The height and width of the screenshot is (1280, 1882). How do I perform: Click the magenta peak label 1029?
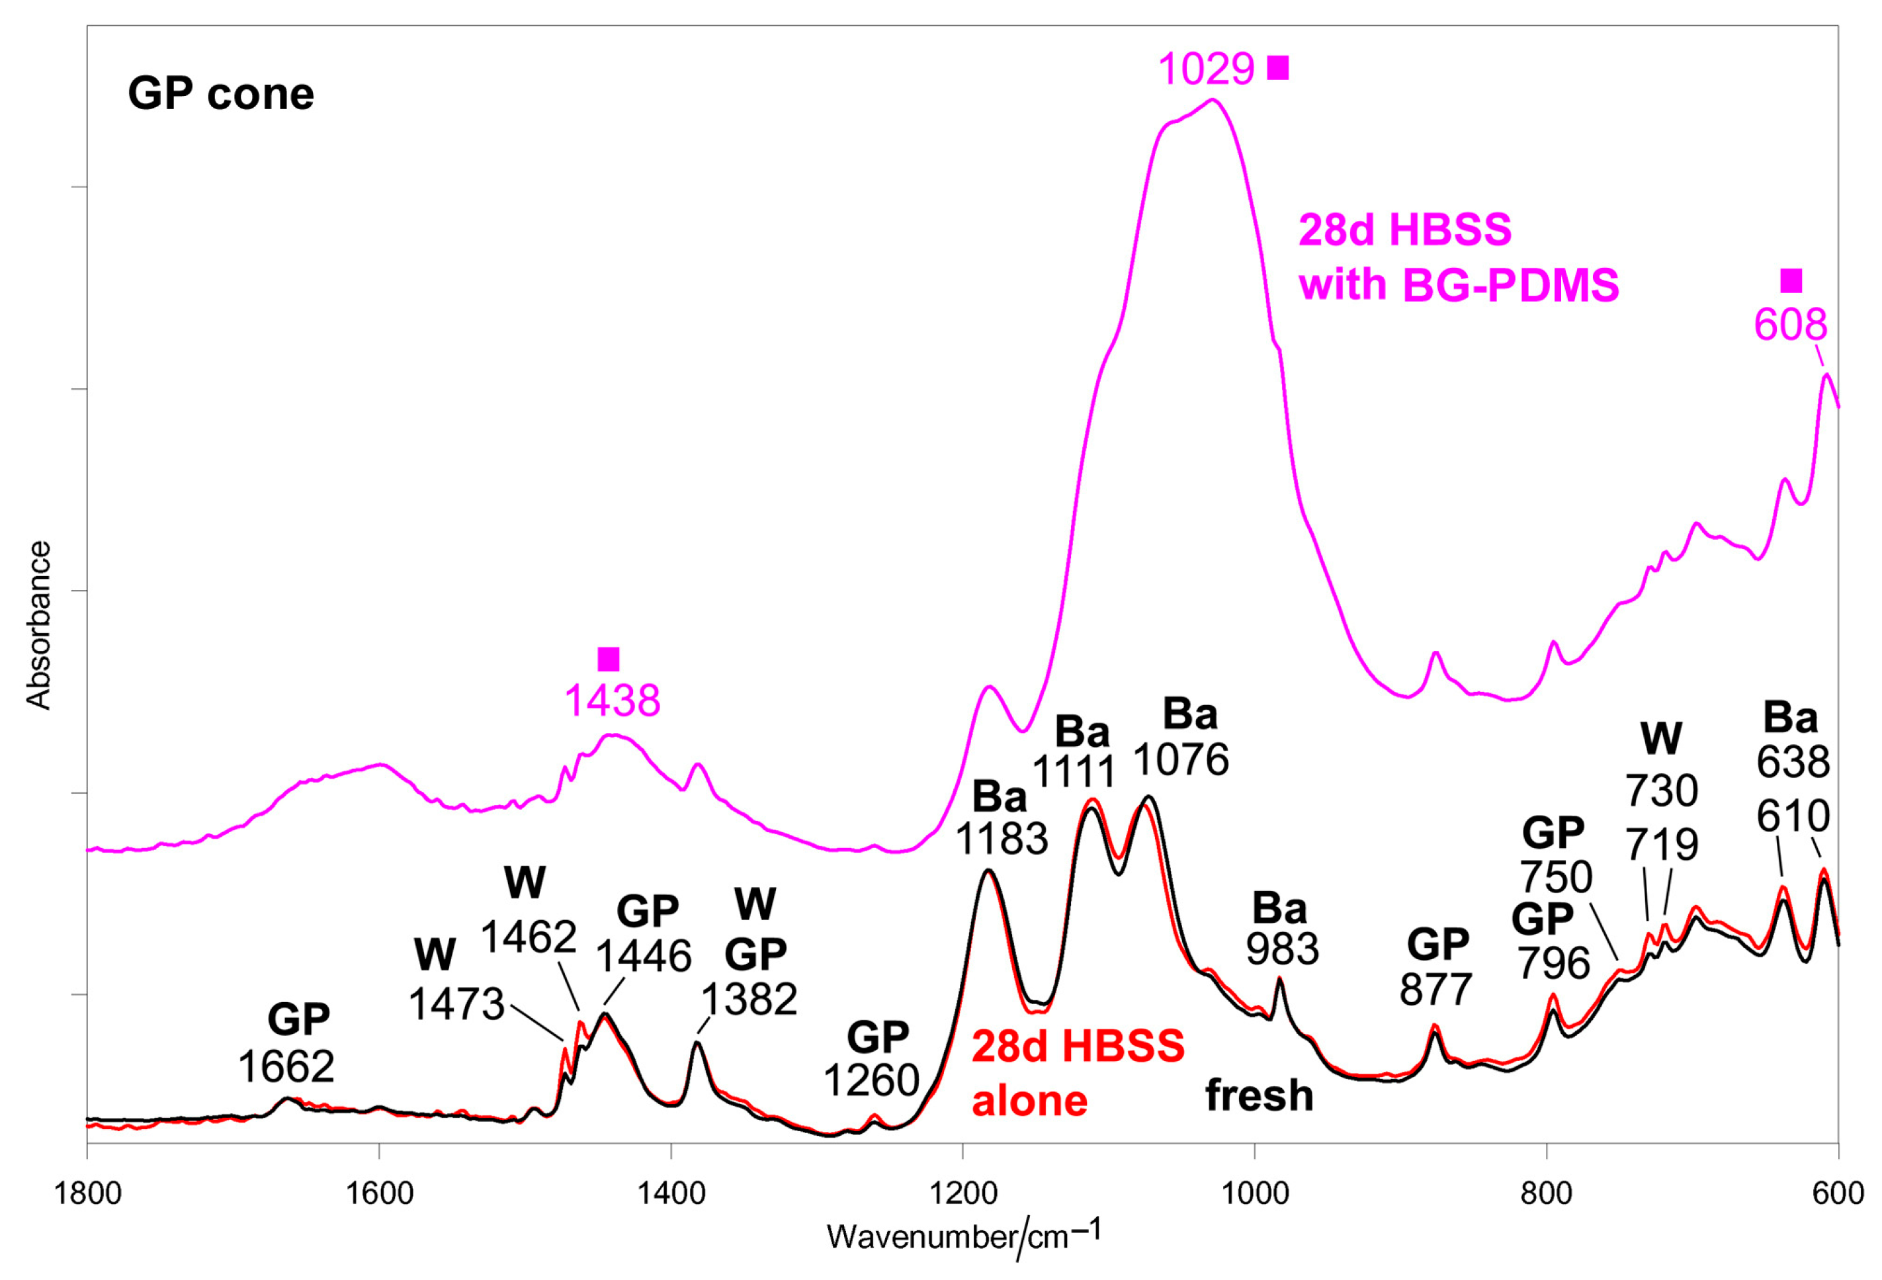[1206, 69]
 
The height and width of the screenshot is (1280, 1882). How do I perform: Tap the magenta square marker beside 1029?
[1278, 68]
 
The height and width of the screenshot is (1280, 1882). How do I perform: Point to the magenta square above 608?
[1791, 281]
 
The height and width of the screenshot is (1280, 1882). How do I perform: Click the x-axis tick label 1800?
[87, 1195]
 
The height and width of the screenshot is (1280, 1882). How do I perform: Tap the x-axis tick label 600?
[1838, 1195]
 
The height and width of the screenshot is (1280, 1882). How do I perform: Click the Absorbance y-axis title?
[38, 625]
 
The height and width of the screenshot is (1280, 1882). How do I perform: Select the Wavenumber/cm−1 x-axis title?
[964, 1237]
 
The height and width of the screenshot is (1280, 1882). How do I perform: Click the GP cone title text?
[220, 94]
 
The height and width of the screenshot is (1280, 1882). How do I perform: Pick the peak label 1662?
[286, 1067]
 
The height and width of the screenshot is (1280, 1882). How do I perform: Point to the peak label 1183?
[1001, 839]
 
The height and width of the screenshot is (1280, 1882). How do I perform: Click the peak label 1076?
[1180, 759]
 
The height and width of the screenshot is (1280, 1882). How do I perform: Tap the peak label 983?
[1282, 948]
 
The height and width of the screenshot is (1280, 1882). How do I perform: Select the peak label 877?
[1435, 988]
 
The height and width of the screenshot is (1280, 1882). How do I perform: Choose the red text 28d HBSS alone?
[1077, 1074]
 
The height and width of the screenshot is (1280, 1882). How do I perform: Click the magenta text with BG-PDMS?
[1459, 285]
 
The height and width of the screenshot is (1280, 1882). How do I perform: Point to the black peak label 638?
[1793, 762]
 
